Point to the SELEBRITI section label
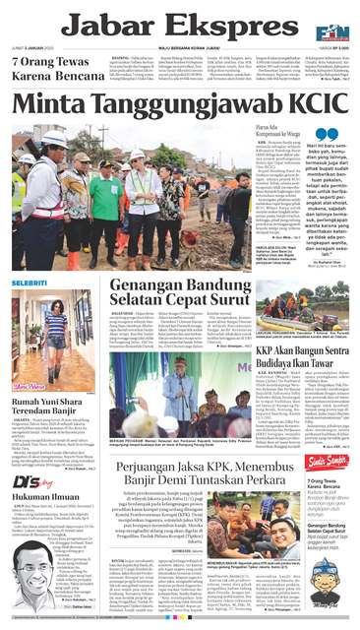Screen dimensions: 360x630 pyautogui.click(x=30, y=283)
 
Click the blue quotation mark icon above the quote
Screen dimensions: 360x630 pyautogui.click(x=326, y=134)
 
